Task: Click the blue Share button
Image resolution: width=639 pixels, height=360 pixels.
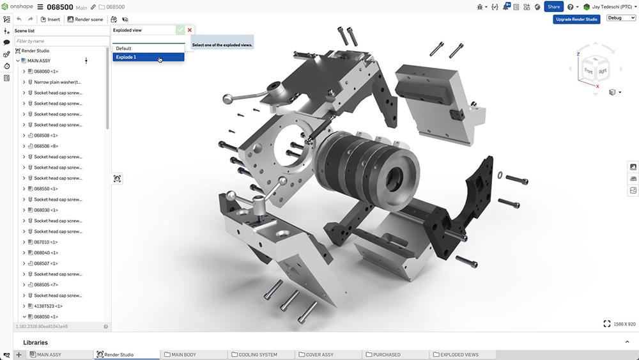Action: pos(553,6)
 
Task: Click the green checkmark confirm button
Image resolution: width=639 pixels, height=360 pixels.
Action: pos(180,30)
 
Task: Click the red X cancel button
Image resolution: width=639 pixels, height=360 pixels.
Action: pos(190,30)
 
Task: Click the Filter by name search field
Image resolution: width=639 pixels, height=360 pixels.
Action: pos(61,41)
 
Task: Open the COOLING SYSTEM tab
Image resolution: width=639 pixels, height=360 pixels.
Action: pos(258,354)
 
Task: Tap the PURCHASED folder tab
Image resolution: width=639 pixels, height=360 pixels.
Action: pos(387,354)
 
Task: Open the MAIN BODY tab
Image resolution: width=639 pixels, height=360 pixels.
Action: pos(185,354)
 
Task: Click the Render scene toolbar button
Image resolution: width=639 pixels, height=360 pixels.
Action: pos(85,19)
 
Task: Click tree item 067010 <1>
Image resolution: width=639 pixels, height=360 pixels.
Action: pos(46,242)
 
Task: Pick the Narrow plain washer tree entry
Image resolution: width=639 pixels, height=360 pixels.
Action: pos(58,82)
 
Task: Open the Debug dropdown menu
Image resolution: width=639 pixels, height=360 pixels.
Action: pos(619,18)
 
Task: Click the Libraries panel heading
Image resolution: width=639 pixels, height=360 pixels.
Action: pos(35,342)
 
